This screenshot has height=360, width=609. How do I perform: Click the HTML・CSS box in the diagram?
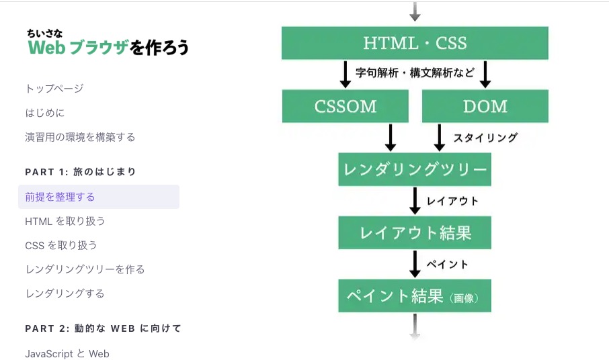point(415,43)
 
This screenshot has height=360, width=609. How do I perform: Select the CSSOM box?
point(345,106)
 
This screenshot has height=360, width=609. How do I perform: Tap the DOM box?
point(485,106)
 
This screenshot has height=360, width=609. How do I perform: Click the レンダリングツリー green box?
point(415,169)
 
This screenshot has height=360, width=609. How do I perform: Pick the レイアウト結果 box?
point(415,232)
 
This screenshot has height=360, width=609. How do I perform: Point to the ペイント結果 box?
point(415,296)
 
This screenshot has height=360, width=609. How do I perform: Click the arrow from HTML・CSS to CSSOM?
point(346,75)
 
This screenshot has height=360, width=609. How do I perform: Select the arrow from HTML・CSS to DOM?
point(485,75)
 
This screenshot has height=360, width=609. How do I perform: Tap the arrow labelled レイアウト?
point(415,201)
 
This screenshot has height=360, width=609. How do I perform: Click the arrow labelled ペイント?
point(415,264)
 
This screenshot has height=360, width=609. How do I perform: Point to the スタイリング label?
point(485,138)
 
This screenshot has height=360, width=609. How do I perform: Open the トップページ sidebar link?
point(54,89)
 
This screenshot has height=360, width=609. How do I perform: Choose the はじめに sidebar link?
point(45,113)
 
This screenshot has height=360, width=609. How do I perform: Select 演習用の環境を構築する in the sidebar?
point(80,137)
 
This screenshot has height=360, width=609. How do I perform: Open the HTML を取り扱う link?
point(65,221)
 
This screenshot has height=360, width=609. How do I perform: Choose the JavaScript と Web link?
point(67,353)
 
